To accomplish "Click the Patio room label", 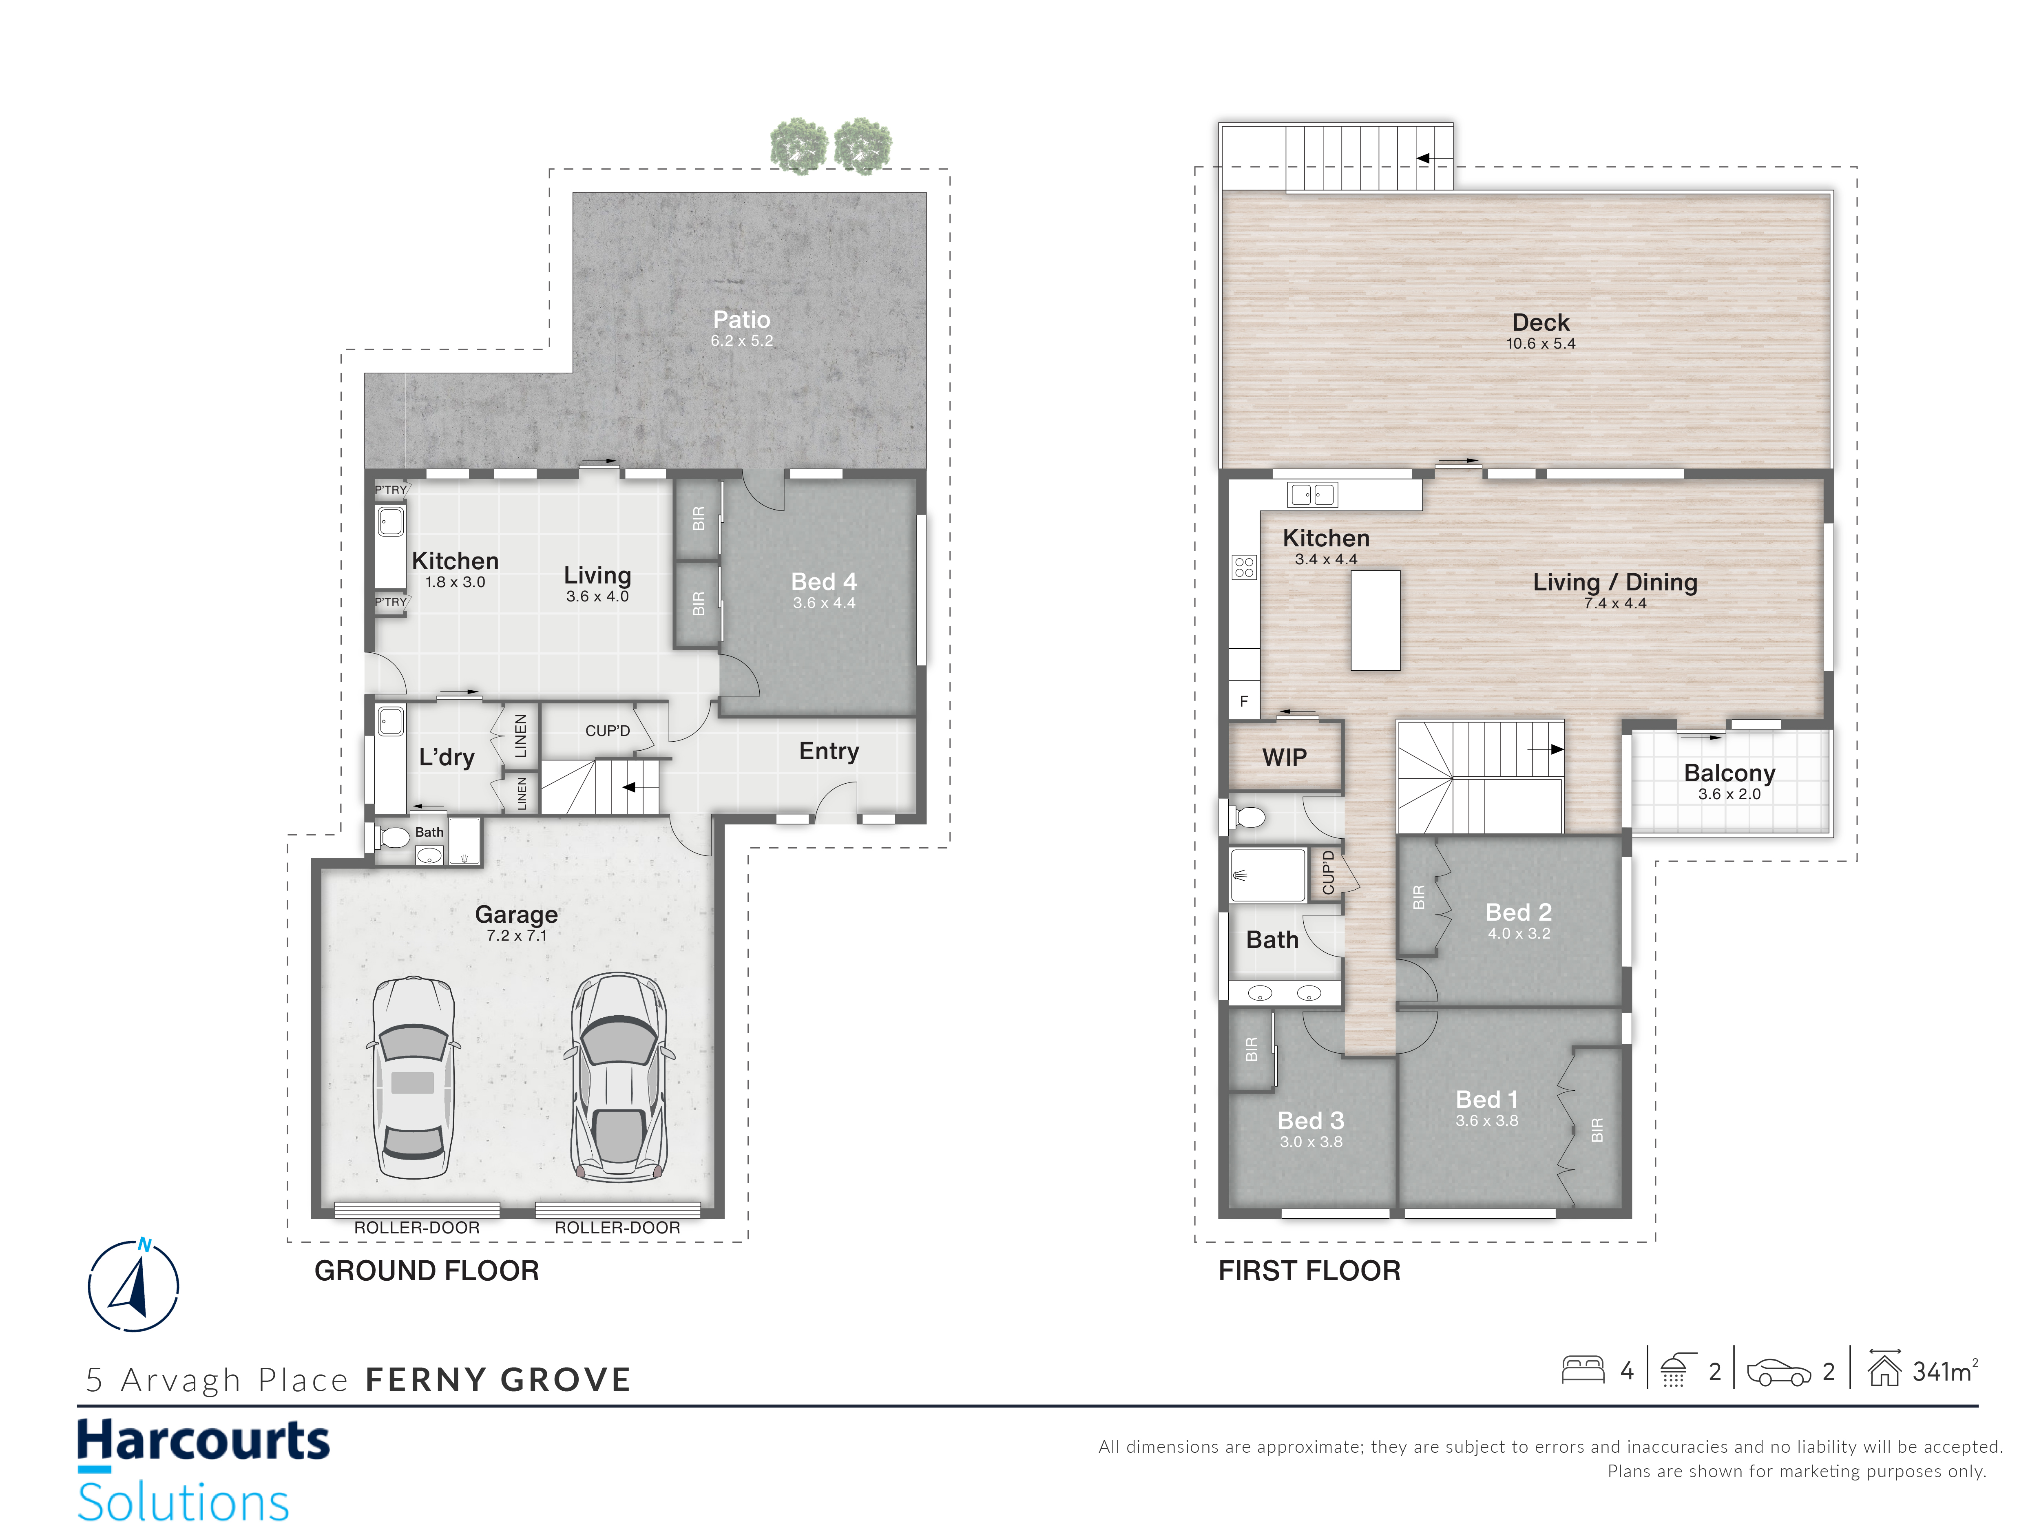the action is pyautogui.click(x=741, y=320).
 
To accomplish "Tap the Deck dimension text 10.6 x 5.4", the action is pyautogui.click(x=1540, y=344).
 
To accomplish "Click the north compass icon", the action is pyautogui.click(x=134, y=1285).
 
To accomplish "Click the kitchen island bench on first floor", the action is pyautogui.click(x=1376, y=619).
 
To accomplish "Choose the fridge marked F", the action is pyautogui.click(x=1243, y=701).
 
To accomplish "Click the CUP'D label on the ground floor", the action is pyautogui.click(x=608, y=731).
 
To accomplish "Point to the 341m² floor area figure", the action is pyautogui.click(x=1945, y=1371).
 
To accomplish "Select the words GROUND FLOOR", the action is pyautogui.click(x=427, y=1271).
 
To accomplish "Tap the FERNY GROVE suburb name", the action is pyautogui.click(x=499, y=1380).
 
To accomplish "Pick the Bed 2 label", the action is pyautogui.click(x=1518, y=913).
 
